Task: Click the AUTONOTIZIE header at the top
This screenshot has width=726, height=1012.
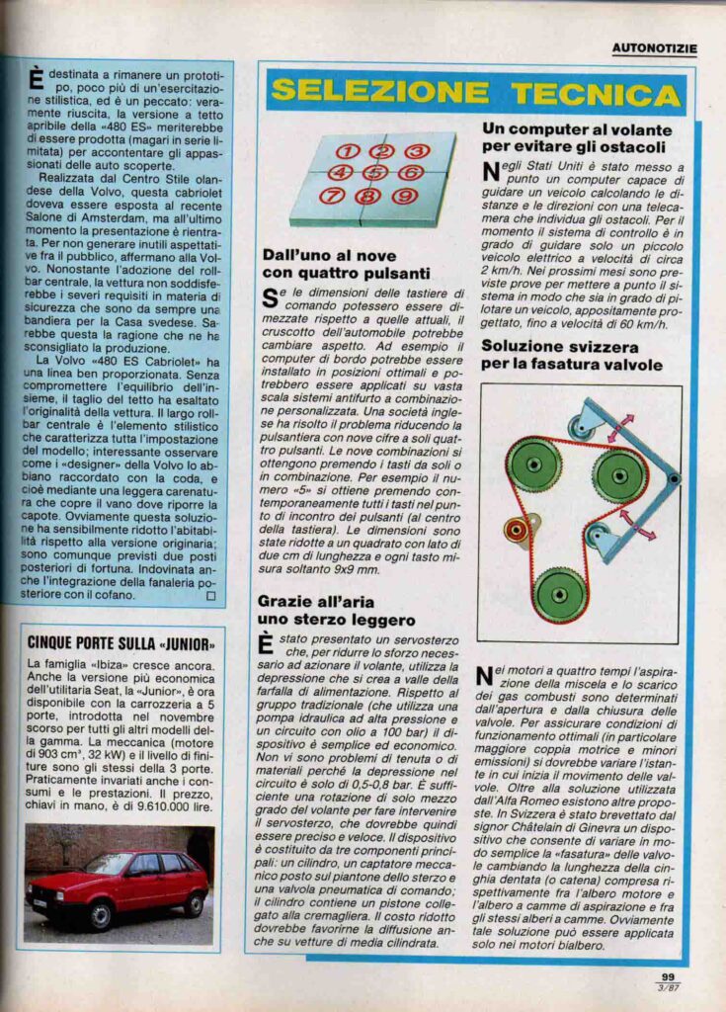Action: click(654, 46)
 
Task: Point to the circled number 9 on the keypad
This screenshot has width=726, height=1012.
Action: click(403, 196)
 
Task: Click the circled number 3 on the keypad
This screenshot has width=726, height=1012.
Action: click(416, 151)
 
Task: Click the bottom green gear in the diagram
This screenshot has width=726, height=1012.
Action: click(560, 594)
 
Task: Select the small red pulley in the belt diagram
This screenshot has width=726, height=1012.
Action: click(516, 531)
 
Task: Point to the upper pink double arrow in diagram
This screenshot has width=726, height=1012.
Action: click(621, 429)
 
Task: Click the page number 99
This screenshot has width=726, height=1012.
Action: click(668, 977)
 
